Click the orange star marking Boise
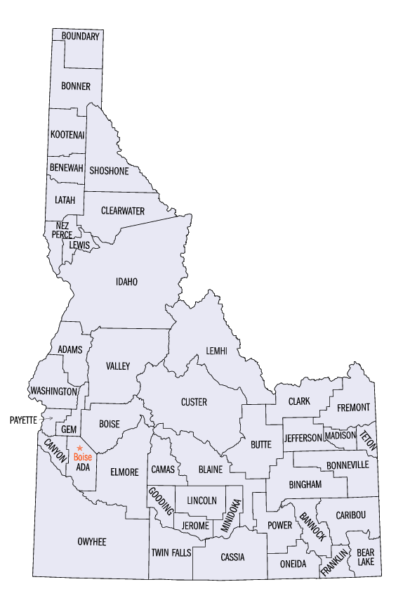click(x=80, y=448)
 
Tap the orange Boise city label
click(x=82, y=458)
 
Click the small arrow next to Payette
click(x=48, y=419)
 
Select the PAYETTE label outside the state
click(x=23, y=420)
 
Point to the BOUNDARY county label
click(x=80, y=36)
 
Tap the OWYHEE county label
click(x=91, y=541)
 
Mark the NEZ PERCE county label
click(x=62, y=230)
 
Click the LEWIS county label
click(x=79, y=245)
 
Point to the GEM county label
click(x=68, y=429)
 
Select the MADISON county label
click(x=340, y=436)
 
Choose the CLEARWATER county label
click(x=123, y=211)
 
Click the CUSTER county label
click(x=194, y=402)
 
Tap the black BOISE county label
click(x=109, y=424)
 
